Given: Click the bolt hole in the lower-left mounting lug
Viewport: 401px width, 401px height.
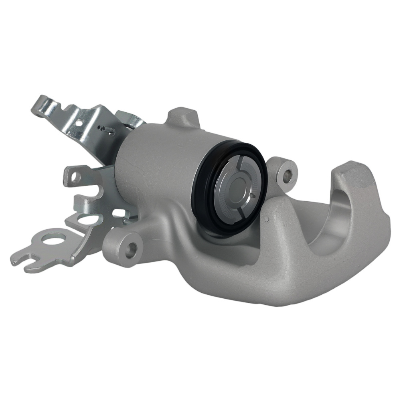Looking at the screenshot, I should [x=131, y=249].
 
